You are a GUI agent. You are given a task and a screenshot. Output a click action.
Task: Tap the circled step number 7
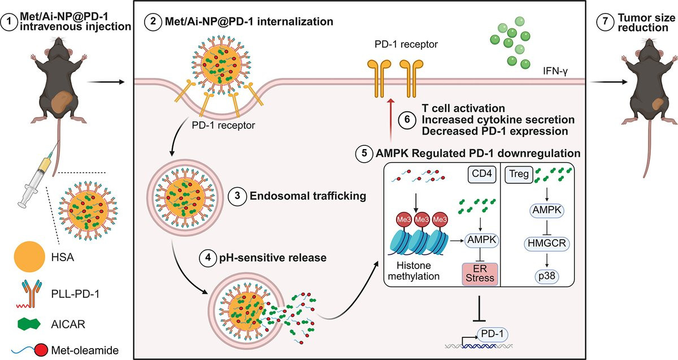pos(605,23)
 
